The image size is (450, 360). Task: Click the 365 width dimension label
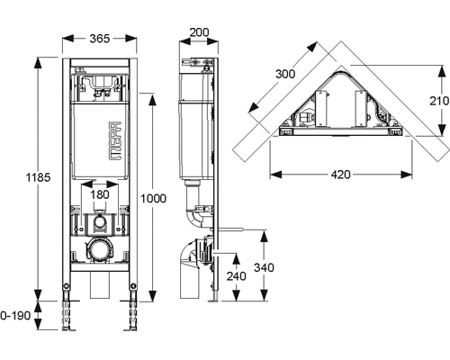click(x=100, y=39)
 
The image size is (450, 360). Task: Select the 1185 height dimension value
click(x=38, y=177)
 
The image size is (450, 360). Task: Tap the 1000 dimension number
click(x=153, y=198)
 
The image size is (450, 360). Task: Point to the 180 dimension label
click(x=100, y=194)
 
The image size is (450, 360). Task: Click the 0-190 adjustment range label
click(x=15, y=315)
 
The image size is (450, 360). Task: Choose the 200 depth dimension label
click(x=200, y=32)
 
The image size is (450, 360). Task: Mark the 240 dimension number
click(x=237, y=276)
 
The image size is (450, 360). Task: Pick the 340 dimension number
click(x=264, y=267)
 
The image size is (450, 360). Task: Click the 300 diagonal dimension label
click(x=285, y=74)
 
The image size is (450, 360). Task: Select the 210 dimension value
click(x=439, y=101)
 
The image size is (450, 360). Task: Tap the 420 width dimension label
click(x=341, y=175)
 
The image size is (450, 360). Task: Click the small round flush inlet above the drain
click(x=100, y=222)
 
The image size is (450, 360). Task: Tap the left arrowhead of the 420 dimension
click(x=275, y=175)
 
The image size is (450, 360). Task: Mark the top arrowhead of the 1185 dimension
click(x=38, y=63)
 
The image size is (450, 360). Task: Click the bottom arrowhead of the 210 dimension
click(x=440, y=130)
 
